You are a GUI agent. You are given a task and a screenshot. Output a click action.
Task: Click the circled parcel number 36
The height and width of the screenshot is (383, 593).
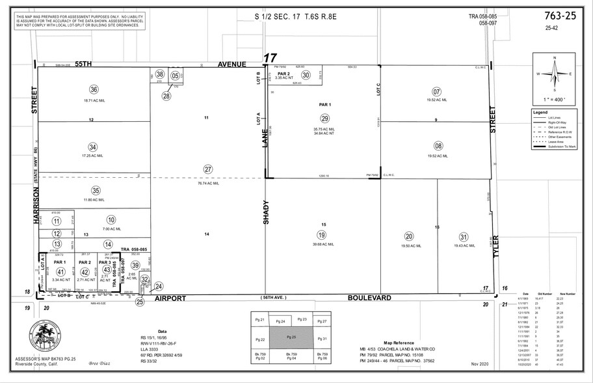(94, 90)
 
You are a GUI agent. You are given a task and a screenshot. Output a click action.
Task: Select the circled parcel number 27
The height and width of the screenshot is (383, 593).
(208, 169)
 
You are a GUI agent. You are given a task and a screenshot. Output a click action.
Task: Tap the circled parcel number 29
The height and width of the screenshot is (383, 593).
(324, 118)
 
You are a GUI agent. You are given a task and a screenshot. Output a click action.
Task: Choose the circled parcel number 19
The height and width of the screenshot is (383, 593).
(321, 234)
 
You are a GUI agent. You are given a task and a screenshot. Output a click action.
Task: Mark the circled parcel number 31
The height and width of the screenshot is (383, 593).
(463, 236)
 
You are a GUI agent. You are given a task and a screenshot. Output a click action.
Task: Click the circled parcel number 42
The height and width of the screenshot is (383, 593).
(85, 272)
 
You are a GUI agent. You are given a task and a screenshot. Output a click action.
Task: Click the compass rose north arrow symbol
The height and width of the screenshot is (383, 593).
(554, 74)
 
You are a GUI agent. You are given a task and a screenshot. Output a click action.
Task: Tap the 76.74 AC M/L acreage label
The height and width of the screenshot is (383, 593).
(208, 183)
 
